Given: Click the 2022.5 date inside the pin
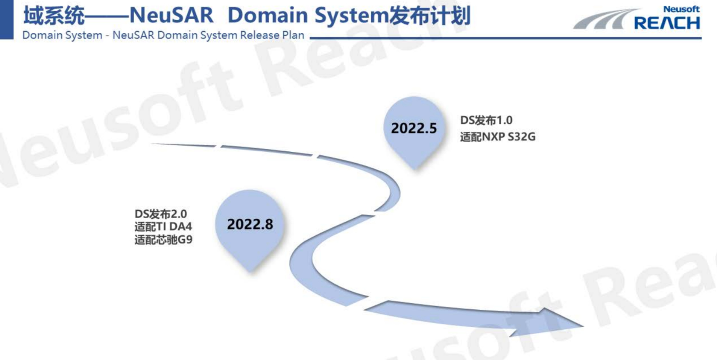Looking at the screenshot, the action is pyautogui.click(x=414, y=128).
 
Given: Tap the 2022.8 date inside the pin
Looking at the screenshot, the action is pyautogui.click(x=250, y=224).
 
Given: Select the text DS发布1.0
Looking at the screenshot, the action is pyautogui.click(x=486, y=120).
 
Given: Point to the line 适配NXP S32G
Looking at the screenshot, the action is pyautogui.click(x=498, y=137).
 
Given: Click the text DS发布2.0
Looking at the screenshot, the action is pyautogui.click(x=161, y=213).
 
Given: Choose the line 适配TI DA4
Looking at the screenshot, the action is pyautogui.click(x=163, y=227).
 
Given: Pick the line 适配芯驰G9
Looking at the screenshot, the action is pyautogui.click(x=164, y=240).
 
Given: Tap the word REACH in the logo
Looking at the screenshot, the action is pyautogui.click(x=667, y=23).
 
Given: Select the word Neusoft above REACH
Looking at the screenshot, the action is pyautogui.click(x=681, y=9).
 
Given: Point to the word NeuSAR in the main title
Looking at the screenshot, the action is pyautogui.click(x=171, y=15).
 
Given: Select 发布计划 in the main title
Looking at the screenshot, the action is pyautogui.click(x=430, y=15).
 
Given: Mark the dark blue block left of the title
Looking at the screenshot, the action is pyautogui.click(x=7, y=20).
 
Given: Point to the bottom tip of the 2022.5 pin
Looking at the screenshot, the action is pyautogui.click(x=415, y=169).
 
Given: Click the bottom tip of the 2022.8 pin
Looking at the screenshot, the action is pyautogui.click(x=251, y=272).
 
